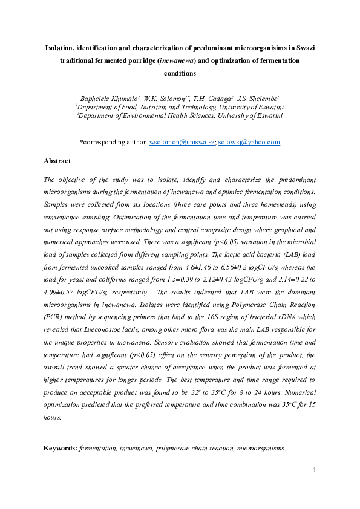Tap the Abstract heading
[x=57, y=161]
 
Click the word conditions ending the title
[x=180, y=74]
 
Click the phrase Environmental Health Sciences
[x=155, y=115]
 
